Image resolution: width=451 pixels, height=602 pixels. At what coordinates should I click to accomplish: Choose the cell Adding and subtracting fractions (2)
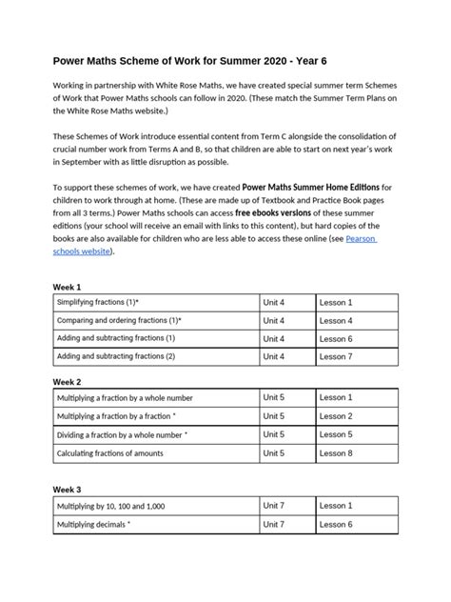click(x=116, y=356)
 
